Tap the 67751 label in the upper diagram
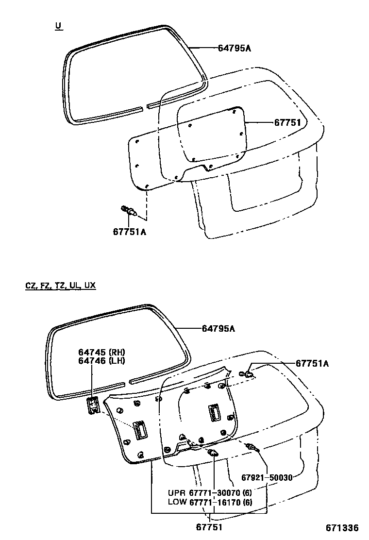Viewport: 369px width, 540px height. pyautogui.click(x=287, y=122)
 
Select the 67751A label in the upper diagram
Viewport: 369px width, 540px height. pyautogui.click(x=129, y=232)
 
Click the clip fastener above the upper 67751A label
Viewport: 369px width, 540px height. pyautogui.click(x=129, y=211)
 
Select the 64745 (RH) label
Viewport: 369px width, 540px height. pyautogui.click(x=102, y=352)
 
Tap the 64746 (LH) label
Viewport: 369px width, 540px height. pyautogui.click(x=102, y=360)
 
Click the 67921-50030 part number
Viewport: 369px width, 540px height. pyautogui.click(x=267, y=477)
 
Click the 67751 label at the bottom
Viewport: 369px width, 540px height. pyautogui.click(x=209, y=527)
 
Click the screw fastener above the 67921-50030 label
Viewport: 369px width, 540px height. pyautogui.click(x=252, y=447)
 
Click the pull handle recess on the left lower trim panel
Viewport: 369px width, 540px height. pyautogui.click(x=140, y=430)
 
